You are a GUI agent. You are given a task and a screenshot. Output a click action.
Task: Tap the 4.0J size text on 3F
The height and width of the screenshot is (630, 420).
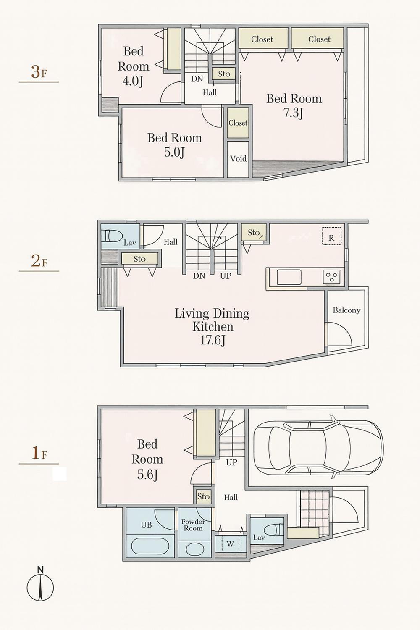coord(133,81)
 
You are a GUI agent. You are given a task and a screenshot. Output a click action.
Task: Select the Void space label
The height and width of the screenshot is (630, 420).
coord(238,159)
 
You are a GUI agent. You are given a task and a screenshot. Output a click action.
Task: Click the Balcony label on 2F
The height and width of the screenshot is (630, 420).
coord(346,310)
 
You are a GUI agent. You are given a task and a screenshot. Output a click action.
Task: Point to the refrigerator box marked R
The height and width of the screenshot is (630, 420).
coord(332,236)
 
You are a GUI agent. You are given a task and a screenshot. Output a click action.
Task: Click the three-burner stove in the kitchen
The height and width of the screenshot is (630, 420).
coord(332,276)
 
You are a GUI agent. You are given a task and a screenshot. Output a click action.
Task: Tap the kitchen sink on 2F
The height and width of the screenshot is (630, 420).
coord(289,277)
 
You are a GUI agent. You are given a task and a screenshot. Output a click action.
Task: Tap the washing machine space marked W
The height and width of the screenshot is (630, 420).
coord(230,543)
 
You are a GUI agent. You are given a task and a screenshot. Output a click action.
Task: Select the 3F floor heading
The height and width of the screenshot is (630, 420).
coord(39,72)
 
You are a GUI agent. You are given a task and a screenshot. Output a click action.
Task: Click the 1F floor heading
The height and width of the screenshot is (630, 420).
coord(39,454)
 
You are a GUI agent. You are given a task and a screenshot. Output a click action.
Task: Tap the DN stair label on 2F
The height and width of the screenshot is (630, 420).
coord(199,276)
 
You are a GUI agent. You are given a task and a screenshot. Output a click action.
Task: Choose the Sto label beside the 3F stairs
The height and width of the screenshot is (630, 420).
coord(224,74)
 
